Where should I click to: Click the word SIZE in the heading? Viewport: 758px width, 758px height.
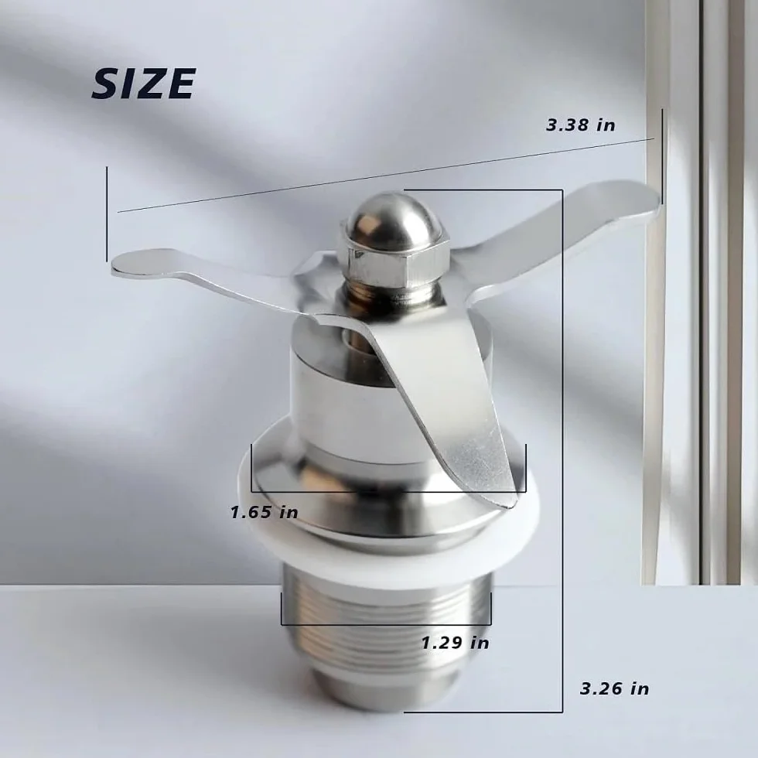tap(144, 84)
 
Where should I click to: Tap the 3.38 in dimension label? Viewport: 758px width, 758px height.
tap(581, 125)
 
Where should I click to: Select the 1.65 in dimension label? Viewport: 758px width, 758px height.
tap(264, 512)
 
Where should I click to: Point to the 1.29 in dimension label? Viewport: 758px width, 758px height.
tap(455, 643)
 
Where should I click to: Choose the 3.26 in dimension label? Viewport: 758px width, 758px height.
tap(614, 688)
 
